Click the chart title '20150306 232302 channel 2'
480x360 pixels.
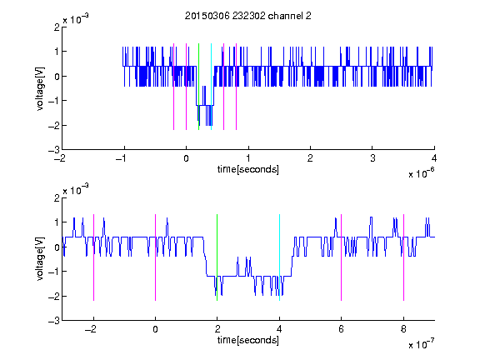click(x=248, y=16)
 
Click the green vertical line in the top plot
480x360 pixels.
click(x=198, y=87)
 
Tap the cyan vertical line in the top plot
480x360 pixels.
click(x=211, y=87)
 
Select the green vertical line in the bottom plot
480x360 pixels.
click(x=217, y=257)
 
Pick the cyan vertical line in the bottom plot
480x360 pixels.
click(x=279, y=257)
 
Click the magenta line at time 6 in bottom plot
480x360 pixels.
click(x=342, y=257)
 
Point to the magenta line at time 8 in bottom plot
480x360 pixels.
click(x=404, y=257)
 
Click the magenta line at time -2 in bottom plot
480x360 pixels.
click(x=93, y=257)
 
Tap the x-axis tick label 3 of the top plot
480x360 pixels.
click(x=372, y=158)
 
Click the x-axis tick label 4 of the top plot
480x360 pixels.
click(x=434, y=158)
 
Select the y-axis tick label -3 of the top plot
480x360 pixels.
click(x=54, y=150)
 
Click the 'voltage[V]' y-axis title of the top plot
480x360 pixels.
click(x=40, y=89)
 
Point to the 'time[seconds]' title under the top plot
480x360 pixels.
click(x=248, y=169)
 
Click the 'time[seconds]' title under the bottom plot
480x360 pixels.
click(x=248, y=340)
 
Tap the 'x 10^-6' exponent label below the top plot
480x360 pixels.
click(x=422, y=173)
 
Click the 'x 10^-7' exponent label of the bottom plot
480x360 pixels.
click(x=422, y=344)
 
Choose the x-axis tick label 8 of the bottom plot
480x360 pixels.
click(x=403, y=329)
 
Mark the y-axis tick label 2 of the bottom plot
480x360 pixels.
click(x=57, y=198)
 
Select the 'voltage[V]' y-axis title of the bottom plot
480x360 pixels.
click(x=40, y=259)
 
